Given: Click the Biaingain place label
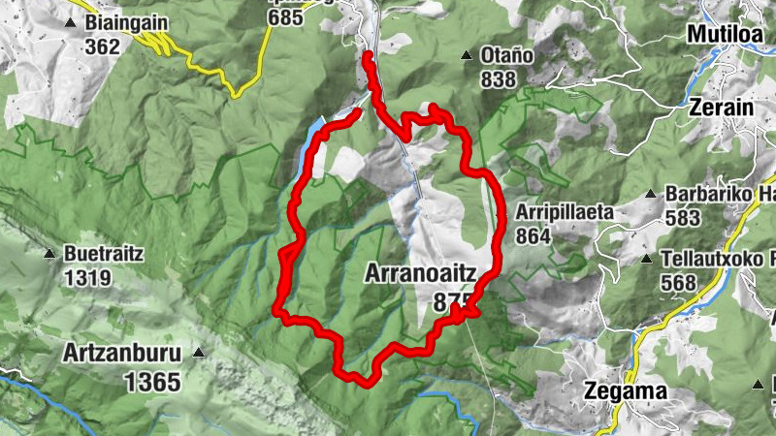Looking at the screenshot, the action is [x=127, y=22].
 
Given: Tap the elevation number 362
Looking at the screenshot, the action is [x=101, y=47].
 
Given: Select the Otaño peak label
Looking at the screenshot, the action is [x=507, y=56].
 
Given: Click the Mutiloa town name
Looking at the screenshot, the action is [x=727, y=34].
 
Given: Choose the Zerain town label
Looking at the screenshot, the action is [x=723, y=108].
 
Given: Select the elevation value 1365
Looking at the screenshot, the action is [x=152, y=382].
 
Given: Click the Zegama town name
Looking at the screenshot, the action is [x=627, y=391].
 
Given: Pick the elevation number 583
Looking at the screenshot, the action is [x=683, y=217].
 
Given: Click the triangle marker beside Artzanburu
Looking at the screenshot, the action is [x=199, y=352].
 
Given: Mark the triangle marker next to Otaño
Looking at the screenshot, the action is [x=467, y=56].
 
